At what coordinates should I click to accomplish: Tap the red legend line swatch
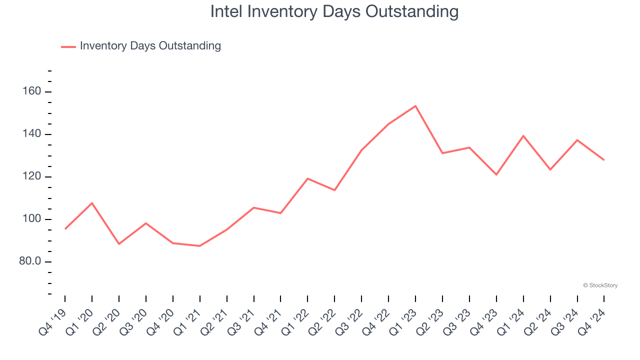pos(68,46)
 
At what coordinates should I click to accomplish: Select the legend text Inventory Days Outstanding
pos(150,46)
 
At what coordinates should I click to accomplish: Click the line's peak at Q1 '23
pos(415,106)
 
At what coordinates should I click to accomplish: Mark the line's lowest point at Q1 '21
pos(200,246)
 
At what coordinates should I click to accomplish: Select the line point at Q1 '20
pos(92,203)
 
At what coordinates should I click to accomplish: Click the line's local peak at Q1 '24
pos(523,136)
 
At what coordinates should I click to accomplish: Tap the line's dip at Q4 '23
pos(496,174)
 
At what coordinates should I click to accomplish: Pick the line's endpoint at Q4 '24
pos(604,160)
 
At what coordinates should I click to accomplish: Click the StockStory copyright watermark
pos(600,285)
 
